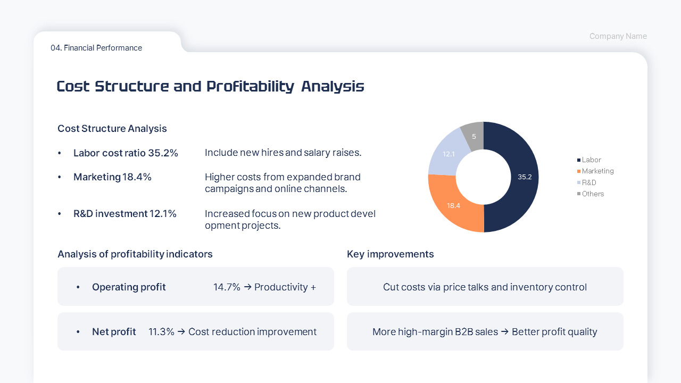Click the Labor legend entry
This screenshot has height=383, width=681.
[x=591, y=160]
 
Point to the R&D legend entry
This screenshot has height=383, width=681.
[x=589, y=182]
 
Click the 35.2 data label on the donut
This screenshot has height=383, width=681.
[x=525, y=177]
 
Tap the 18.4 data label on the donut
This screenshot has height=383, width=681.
[x=453, y=205]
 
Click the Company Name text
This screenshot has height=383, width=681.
[x=618, y=36]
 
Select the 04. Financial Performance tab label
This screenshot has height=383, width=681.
[x=96, y=48]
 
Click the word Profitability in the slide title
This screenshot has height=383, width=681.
[x=250, y=86]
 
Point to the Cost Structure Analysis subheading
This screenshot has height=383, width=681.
[x=112, y=129]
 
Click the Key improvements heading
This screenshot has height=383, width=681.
[x=391, y=254]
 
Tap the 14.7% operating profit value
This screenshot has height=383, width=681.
[x=227, y=287]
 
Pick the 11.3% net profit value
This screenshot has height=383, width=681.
[x=161, y=332]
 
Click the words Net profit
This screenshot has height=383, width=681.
[x=114, y=332]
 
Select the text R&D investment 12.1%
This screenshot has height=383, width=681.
[x=125, y=214]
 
